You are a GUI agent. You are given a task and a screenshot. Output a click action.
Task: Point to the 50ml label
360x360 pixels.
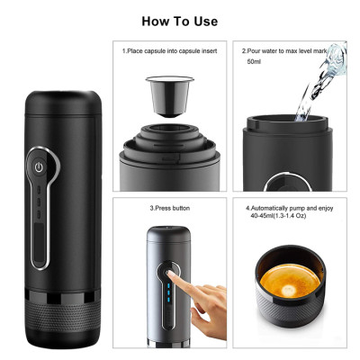click(x=256, y=63)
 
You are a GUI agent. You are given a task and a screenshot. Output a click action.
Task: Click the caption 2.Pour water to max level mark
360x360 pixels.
click(x=288, y=52)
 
